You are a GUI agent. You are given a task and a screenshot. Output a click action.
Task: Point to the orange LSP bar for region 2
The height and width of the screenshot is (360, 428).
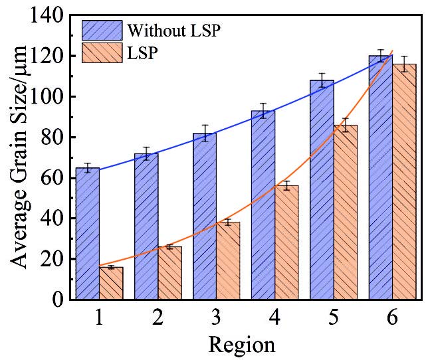point(169,273)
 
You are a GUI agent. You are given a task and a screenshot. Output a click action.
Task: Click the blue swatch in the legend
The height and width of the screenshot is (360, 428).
point(102,31)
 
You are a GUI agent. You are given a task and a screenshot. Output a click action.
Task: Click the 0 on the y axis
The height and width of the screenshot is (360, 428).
point(58,300)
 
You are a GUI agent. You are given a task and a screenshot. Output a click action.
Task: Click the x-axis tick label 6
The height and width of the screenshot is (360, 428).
point(391,319)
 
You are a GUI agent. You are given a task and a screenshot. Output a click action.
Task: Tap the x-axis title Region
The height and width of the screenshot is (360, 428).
point(241,345)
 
